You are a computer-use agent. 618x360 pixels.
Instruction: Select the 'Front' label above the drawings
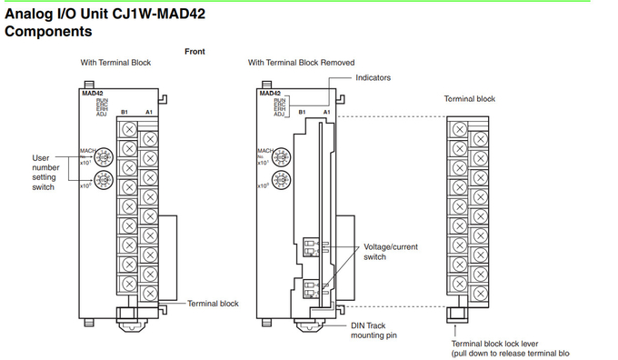[x=194, y=52]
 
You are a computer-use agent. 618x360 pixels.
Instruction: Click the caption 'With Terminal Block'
[x=115, y=63]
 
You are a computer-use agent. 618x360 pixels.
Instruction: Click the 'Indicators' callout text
[x=373, y=78]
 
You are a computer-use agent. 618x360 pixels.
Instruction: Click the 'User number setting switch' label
[x=44, y=173]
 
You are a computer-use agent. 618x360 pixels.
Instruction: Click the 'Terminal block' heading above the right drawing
[x=469, y=98]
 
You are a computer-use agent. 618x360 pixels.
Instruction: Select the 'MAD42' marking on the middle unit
[x=270, y=93]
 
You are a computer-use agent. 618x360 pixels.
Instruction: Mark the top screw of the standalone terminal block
[x=459, y=129]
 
